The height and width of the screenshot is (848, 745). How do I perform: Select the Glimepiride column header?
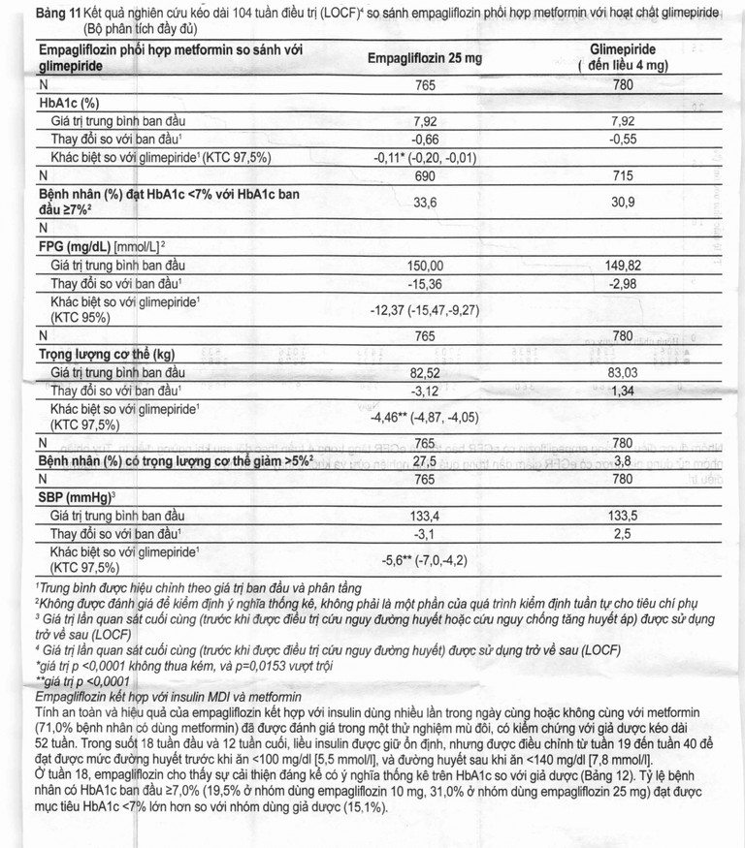coord(622,56)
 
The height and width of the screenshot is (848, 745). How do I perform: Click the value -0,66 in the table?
coord(427,139)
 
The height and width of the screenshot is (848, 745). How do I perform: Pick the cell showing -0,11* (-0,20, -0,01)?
coord(427,157)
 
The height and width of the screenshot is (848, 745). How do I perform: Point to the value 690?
coord(427,175)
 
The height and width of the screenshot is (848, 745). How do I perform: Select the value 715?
coord(622,175)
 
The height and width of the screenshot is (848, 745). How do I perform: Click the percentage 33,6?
coord(427,203)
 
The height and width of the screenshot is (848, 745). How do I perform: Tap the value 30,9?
coord(622,203)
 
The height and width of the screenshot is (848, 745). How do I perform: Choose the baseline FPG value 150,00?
coord(427,265)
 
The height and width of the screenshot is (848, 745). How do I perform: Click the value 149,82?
coord(622,265)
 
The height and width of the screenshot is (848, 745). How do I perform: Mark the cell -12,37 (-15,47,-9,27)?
coord(427,310)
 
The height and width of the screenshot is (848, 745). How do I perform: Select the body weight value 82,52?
coord(427,372)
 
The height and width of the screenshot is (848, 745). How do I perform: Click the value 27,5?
coord(427,460)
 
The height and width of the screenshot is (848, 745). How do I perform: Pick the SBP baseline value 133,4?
coord(427,516)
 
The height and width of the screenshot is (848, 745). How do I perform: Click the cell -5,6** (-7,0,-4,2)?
coord(427,560)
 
